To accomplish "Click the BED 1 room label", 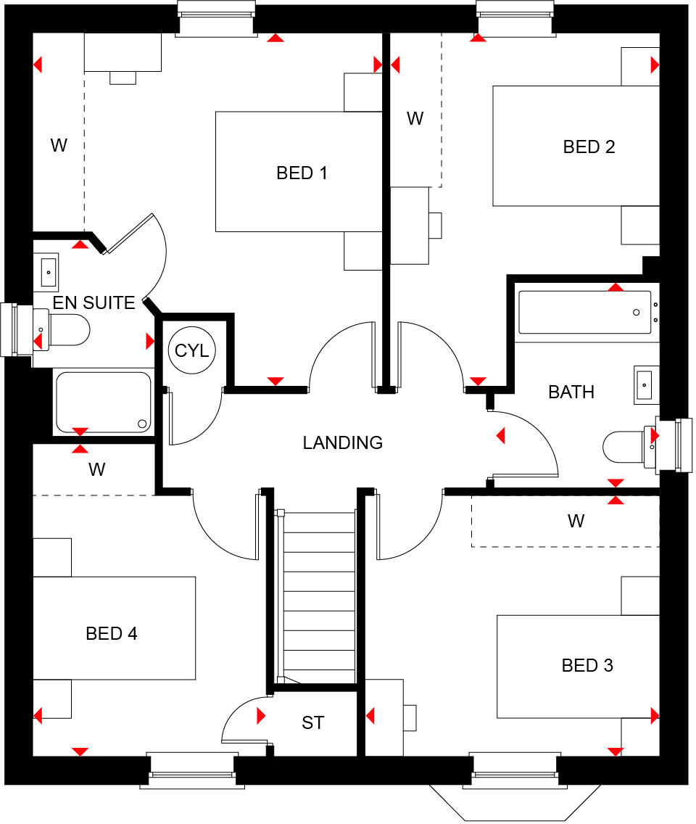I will coord(302,173).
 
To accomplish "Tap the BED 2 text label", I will coord(589,147).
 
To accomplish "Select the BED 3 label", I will coord(588,665).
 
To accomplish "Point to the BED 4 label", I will coord(112,633).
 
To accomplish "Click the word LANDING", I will coord(342,442).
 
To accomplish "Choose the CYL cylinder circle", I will coord(191,351).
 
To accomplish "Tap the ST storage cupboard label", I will coord(313,723).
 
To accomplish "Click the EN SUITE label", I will coord(94,302).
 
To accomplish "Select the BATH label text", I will coord(571,392).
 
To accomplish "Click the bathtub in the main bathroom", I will coord(585,313).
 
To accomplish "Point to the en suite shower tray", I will coord(103,402).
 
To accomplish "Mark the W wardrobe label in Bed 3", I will coord(576,521).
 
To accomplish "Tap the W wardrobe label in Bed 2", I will coord(415,118).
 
